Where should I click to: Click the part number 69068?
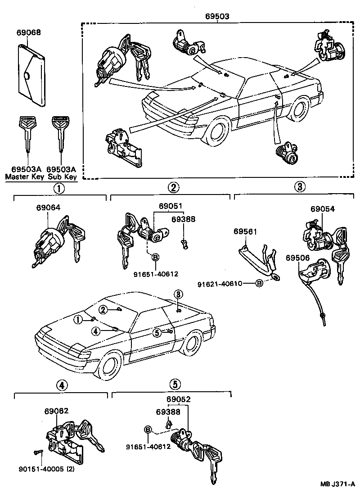tap(29, 32)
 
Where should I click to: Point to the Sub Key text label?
tap(62, 177)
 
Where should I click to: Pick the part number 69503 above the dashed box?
tap(217, 16)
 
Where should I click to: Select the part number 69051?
tap(170, 206)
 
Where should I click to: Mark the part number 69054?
tap(323, 209)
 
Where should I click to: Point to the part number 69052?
tap(178, 399)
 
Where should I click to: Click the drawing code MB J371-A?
tap(337, 484)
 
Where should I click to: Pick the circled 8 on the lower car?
tap(178, 294)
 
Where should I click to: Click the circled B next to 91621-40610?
tap(259, 284)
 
